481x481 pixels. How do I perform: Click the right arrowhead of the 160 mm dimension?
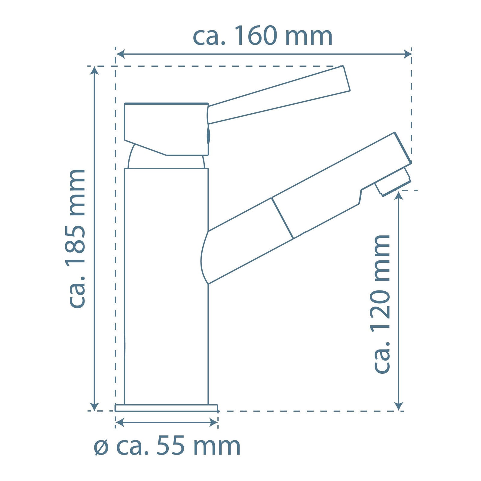pos(407,54)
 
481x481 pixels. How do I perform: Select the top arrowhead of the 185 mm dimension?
pos(94,70)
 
